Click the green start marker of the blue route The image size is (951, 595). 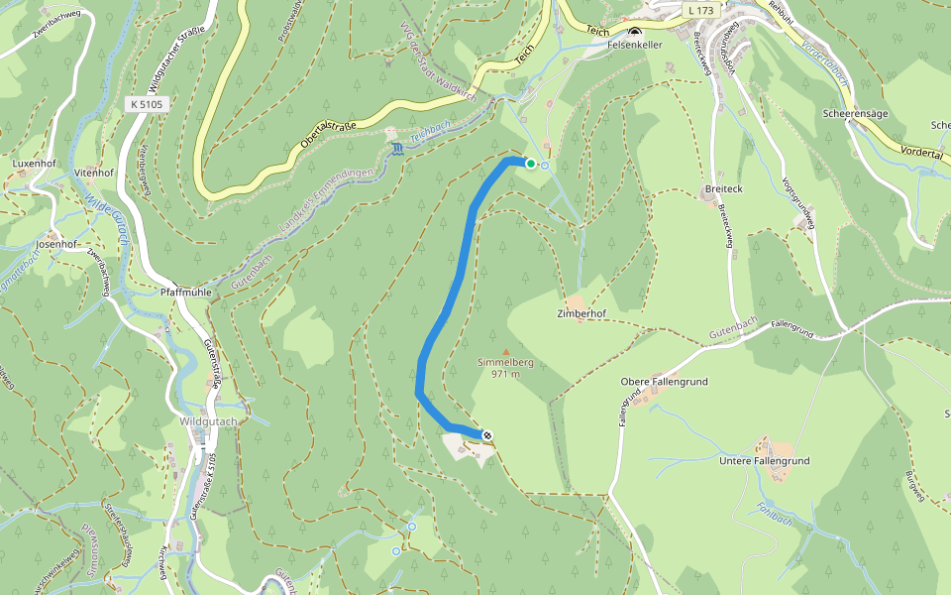coord(531,164)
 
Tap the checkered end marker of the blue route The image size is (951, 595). coord(486,434)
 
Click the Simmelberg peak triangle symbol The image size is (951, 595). coord(506,351)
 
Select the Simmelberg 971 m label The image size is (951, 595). coord(506,368)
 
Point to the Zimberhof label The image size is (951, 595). coord(581,313)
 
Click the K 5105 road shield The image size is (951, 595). coord(145,103)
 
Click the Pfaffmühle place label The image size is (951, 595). coord(187,294)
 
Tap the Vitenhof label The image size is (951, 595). coord(94,173)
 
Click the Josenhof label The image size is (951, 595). coord(56,243)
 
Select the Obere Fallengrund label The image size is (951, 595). coord(665,382)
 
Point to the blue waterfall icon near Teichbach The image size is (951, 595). coord(397,149)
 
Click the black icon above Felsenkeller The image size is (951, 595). coord(634,33)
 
